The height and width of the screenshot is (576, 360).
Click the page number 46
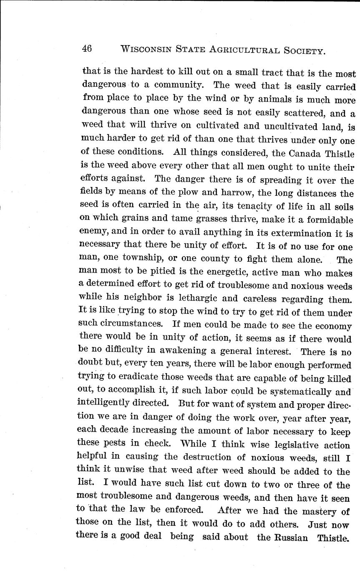87,48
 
